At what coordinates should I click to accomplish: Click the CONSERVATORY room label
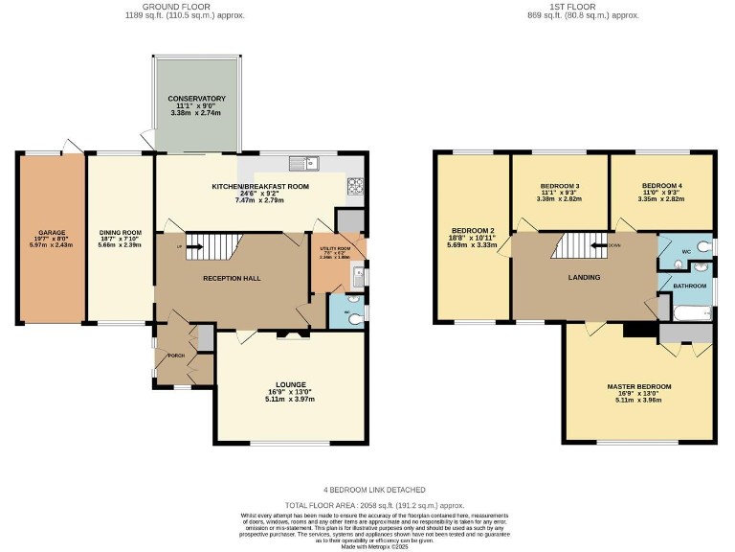(x=196, y=99)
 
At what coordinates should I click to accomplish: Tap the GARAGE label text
(x=52, y=232)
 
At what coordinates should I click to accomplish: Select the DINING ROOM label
(x=121, y=232)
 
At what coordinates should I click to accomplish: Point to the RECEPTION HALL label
(x=232, y=278)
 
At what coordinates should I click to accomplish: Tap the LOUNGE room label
(x=290, y=384)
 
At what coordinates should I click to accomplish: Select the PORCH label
(x=175, y=356)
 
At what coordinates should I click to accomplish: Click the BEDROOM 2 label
(x=472, y=232)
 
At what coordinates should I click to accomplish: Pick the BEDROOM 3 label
(x=560, y=185)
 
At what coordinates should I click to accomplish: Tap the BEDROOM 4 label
(x=661, y=185)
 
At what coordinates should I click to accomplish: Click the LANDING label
(x=584, y=278)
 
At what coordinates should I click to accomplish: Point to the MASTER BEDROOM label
(x=638, y=386)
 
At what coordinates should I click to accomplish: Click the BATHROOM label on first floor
(x=689, y=286)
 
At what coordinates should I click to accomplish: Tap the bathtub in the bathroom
(x=686, y=312)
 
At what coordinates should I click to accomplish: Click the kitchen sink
(x=307, y=161)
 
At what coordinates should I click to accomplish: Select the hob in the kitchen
(x=355, y=185)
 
